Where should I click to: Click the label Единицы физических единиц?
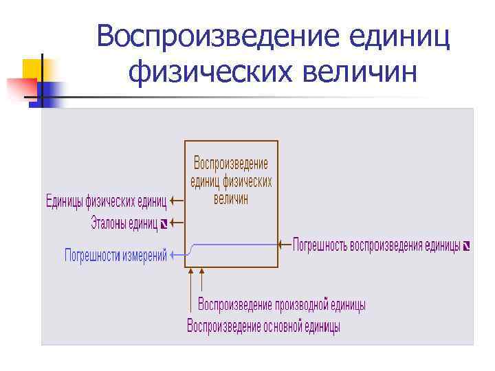click(106, 202)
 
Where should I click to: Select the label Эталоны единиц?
click(124, 223)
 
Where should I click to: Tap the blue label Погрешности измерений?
click(115, 256)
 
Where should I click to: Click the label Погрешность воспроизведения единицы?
click(376, 245)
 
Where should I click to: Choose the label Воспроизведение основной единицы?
click(263, 326)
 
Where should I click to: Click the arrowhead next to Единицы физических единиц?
click(173, 202)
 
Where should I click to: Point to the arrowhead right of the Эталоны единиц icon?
click(173, 223)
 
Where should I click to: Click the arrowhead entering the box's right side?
click(282, 244)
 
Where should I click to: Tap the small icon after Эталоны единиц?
click(164, 223)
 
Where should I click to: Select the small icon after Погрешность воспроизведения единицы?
click(467, 245)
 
